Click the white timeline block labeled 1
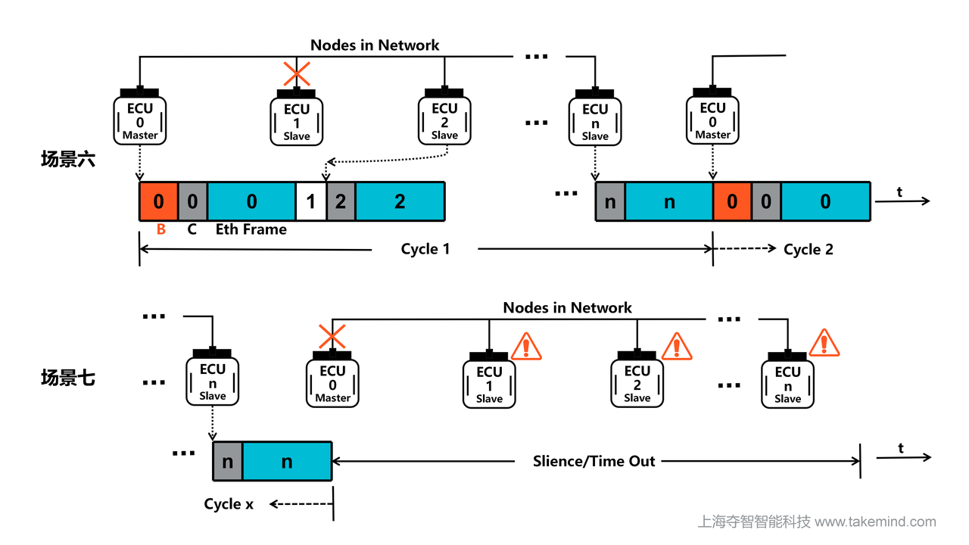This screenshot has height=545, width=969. [310, 201]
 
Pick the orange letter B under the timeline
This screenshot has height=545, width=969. [160, 229]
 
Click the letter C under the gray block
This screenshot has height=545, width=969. [192, 229]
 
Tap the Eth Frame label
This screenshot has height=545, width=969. [251, 229]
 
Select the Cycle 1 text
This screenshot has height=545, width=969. [425, 248]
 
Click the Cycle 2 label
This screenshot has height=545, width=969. [809, 249]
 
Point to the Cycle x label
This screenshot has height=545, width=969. [229, 503]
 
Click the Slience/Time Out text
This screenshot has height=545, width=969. [594, 461]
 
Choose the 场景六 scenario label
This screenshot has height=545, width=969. [68, 160]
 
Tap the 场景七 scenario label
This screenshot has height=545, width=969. [68, 378]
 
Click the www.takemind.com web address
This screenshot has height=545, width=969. [875, 522]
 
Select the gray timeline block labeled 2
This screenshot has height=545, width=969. [341, 201]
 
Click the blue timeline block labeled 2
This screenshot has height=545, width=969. [400, 201]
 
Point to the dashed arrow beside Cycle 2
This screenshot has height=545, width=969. [746, 248]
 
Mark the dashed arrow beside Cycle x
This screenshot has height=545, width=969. [301, 503]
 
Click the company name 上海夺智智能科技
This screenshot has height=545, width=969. [754, 522]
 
